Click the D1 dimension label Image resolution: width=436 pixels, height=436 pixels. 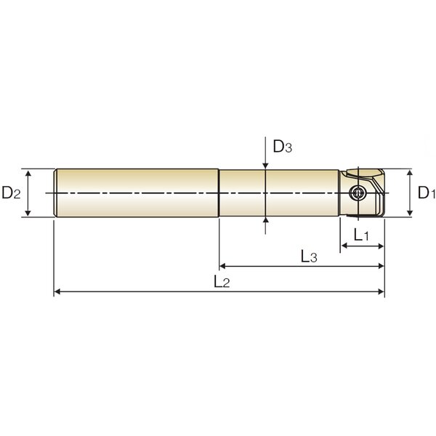click(427, 193)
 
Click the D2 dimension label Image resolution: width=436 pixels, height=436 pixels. click(11, 193)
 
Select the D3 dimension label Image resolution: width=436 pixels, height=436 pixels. click(283, 147)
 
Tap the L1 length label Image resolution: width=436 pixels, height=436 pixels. click(361, 235)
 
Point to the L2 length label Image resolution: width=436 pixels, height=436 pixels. click(222, 281)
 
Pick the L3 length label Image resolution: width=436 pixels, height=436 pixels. click(309, 256)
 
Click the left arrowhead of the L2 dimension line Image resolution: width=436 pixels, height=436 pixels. click(57, 291)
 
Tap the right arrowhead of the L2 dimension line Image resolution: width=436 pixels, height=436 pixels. click(381, 291)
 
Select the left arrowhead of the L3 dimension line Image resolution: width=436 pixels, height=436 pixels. click(223, 266)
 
